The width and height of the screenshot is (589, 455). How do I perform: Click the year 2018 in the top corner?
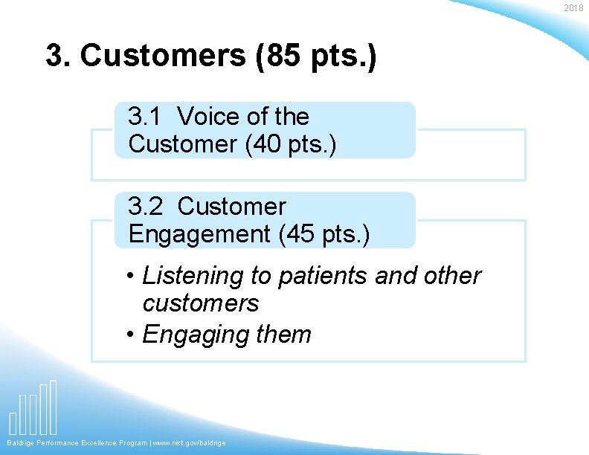(x=574, y=7)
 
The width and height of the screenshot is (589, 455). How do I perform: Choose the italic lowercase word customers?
(x=200, y=303)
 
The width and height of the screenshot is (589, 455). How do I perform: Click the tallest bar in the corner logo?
(x=53, y=407)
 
